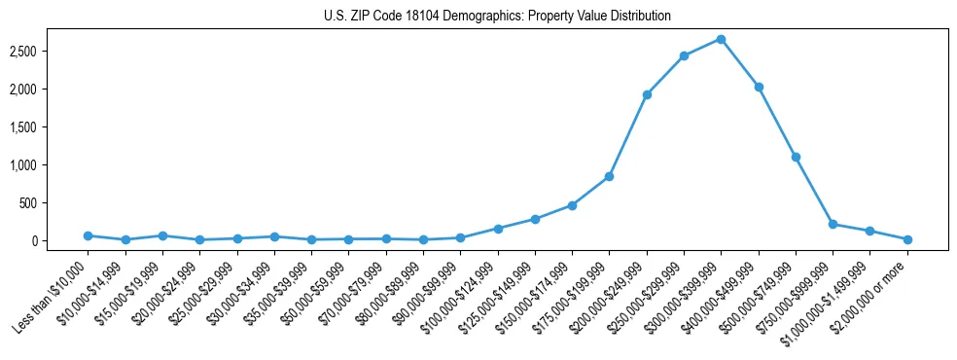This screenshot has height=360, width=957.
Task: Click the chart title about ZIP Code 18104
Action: point(497,16)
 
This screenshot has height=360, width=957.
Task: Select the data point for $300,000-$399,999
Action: point(721,39)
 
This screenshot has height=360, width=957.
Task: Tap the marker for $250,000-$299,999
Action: point(684,55)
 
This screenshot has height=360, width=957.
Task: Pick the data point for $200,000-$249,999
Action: point(647,94)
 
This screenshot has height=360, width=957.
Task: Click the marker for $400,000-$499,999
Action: point(759,87)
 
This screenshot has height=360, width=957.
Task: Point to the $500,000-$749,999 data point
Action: point(796,157)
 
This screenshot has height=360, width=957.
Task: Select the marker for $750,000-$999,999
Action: point(833,224)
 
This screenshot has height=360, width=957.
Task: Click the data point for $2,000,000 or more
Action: point(907,239)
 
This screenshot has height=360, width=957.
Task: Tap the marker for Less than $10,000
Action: point(88,235)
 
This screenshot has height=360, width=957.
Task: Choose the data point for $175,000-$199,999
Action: point(609,176)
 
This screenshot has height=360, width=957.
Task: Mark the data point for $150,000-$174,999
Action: point(572,205)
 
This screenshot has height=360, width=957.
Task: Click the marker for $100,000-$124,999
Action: point(498,229)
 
